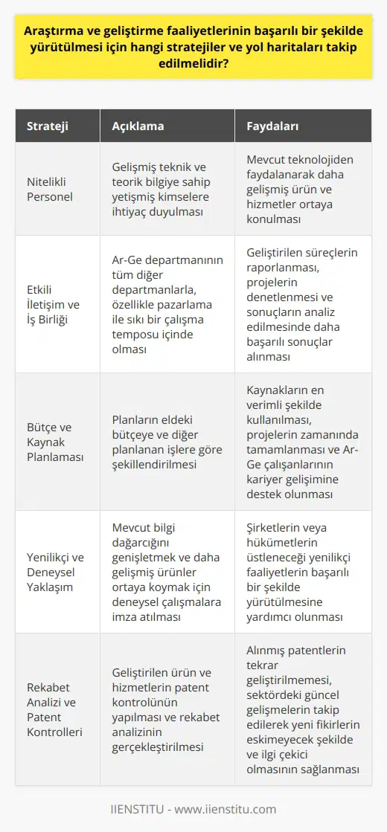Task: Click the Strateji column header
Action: [x=47, y=126]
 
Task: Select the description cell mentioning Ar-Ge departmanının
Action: [x=167, y=304]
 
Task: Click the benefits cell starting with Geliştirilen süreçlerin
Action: [x=302, y=304]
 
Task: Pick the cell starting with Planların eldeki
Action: [x=167, y=442]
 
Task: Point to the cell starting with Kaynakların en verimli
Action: [x=302, y=442]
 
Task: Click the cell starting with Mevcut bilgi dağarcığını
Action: [x=167, y=572]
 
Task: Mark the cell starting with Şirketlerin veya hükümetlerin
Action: [x=302, y=572]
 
